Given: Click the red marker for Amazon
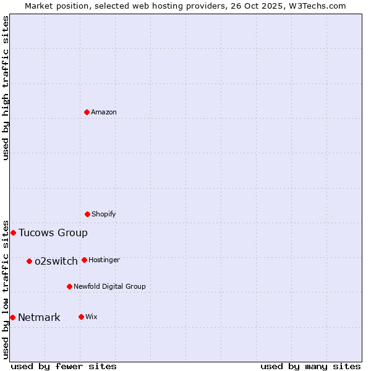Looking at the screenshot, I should (87, 112).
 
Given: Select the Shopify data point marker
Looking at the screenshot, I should (87, 214).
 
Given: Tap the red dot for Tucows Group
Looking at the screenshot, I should (13, 232).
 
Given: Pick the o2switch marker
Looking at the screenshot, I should (29, 261).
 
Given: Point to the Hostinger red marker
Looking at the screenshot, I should (84, 260).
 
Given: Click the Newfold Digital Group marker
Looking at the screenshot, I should (69, 286).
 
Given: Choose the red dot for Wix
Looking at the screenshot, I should (81, 317).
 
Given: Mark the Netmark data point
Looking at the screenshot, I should (12, 317).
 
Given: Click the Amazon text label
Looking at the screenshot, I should (104, 112).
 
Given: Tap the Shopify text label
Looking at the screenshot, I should (104, 214).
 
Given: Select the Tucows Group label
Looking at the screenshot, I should (53, 232).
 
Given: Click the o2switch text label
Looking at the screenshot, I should (56, 261).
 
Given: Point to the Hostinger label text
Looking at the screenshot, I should (104, 260).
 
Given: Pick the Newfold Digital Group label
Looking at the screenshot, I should (109, 286).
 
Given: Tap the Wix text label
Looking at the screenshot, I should (92, 317).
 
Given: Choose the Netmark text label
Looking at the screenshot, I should (39, 317).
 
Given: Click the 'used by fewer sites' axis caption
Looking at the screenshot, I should (64, 366).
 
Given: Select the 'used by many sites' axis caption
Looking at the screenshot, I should (310, 366).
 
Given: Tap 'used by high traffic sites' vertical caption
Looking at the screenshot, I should (6, 88).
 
